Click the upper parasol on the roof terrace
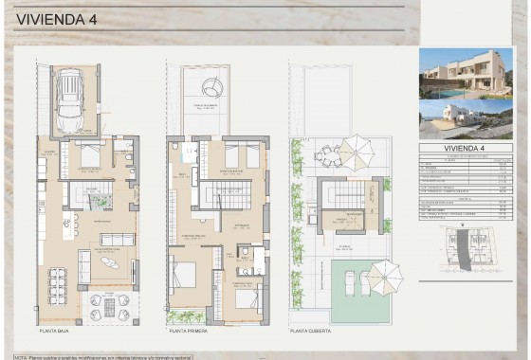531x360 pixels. point(357,149)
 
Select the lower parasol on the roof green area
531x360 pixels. point(384,276)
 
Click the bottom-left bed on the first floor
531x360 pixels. point(184,276)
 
